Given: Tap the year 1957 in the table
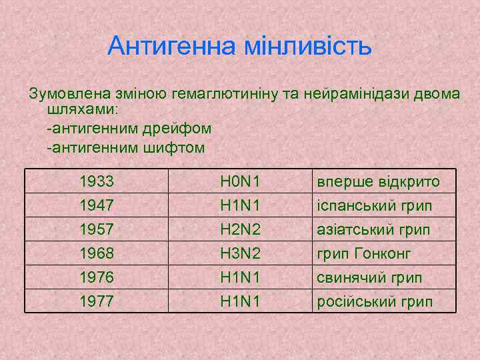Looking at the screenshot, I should click(96, 230).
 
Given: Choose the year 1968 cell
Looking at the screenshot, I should click(96, 254).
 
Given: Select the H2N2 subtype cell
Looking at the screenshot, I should click(240, 230).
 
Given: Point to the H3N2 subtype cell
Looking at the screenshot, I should click(240, 254).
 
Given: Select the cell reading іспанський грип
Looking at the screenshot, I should click(374, 206).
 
